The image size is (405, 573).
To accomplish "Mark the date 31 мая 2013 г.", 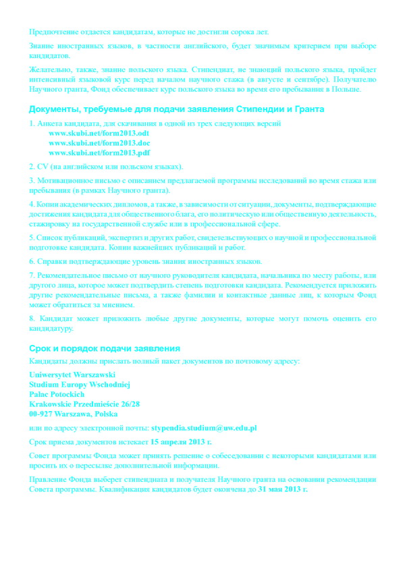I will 283,489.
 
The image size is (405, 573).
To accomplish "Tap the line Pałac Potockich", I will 57,393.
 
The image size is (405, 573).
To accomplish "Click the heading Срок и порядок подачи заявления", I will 104,348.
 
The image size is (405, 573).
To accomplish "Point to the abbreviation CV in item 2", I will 42,167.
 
